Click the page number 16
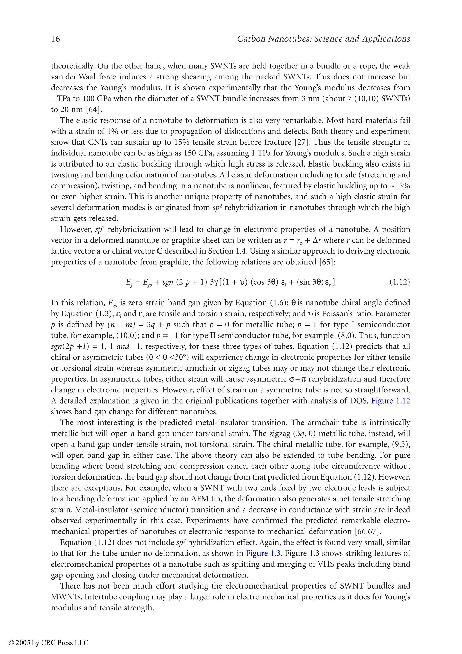point(55,39)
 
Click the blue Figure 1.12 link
point(390,401)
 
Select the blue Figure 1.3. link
point(264,553)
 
